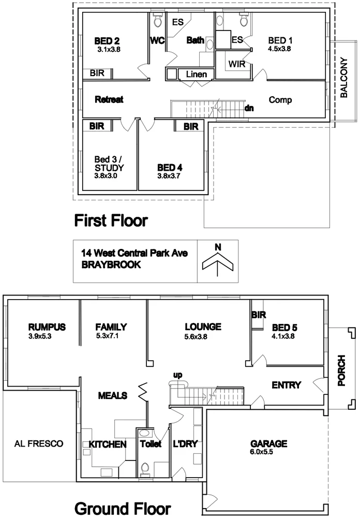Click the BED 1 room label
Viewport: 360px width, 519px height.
click(280, 40)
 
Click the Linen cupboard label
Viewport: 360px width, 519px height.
click(196, 75)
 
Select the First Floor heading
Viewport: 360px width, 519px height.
click(111, 221)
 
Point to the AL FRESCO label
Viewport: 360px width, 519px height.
click(39, 443)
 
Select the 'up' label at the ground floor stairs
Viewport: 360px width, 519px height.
click(178, 375)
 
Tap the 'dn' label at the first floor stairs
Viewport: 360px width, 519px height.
click(249, 109)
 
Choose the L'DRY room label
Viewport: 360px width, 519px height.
click(186, 444)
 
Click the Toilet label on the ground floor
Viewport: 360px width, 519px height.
click(151, 444)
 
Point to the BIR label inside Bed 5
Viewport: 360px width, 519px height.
click(258, 315)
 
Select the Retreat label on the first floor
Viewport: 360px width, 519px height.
click(109, 99)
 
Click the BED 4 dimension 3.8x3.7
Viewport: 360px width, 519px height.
click(170, 176)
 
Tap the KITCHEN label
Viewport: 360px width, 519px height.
click(108, 444)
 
